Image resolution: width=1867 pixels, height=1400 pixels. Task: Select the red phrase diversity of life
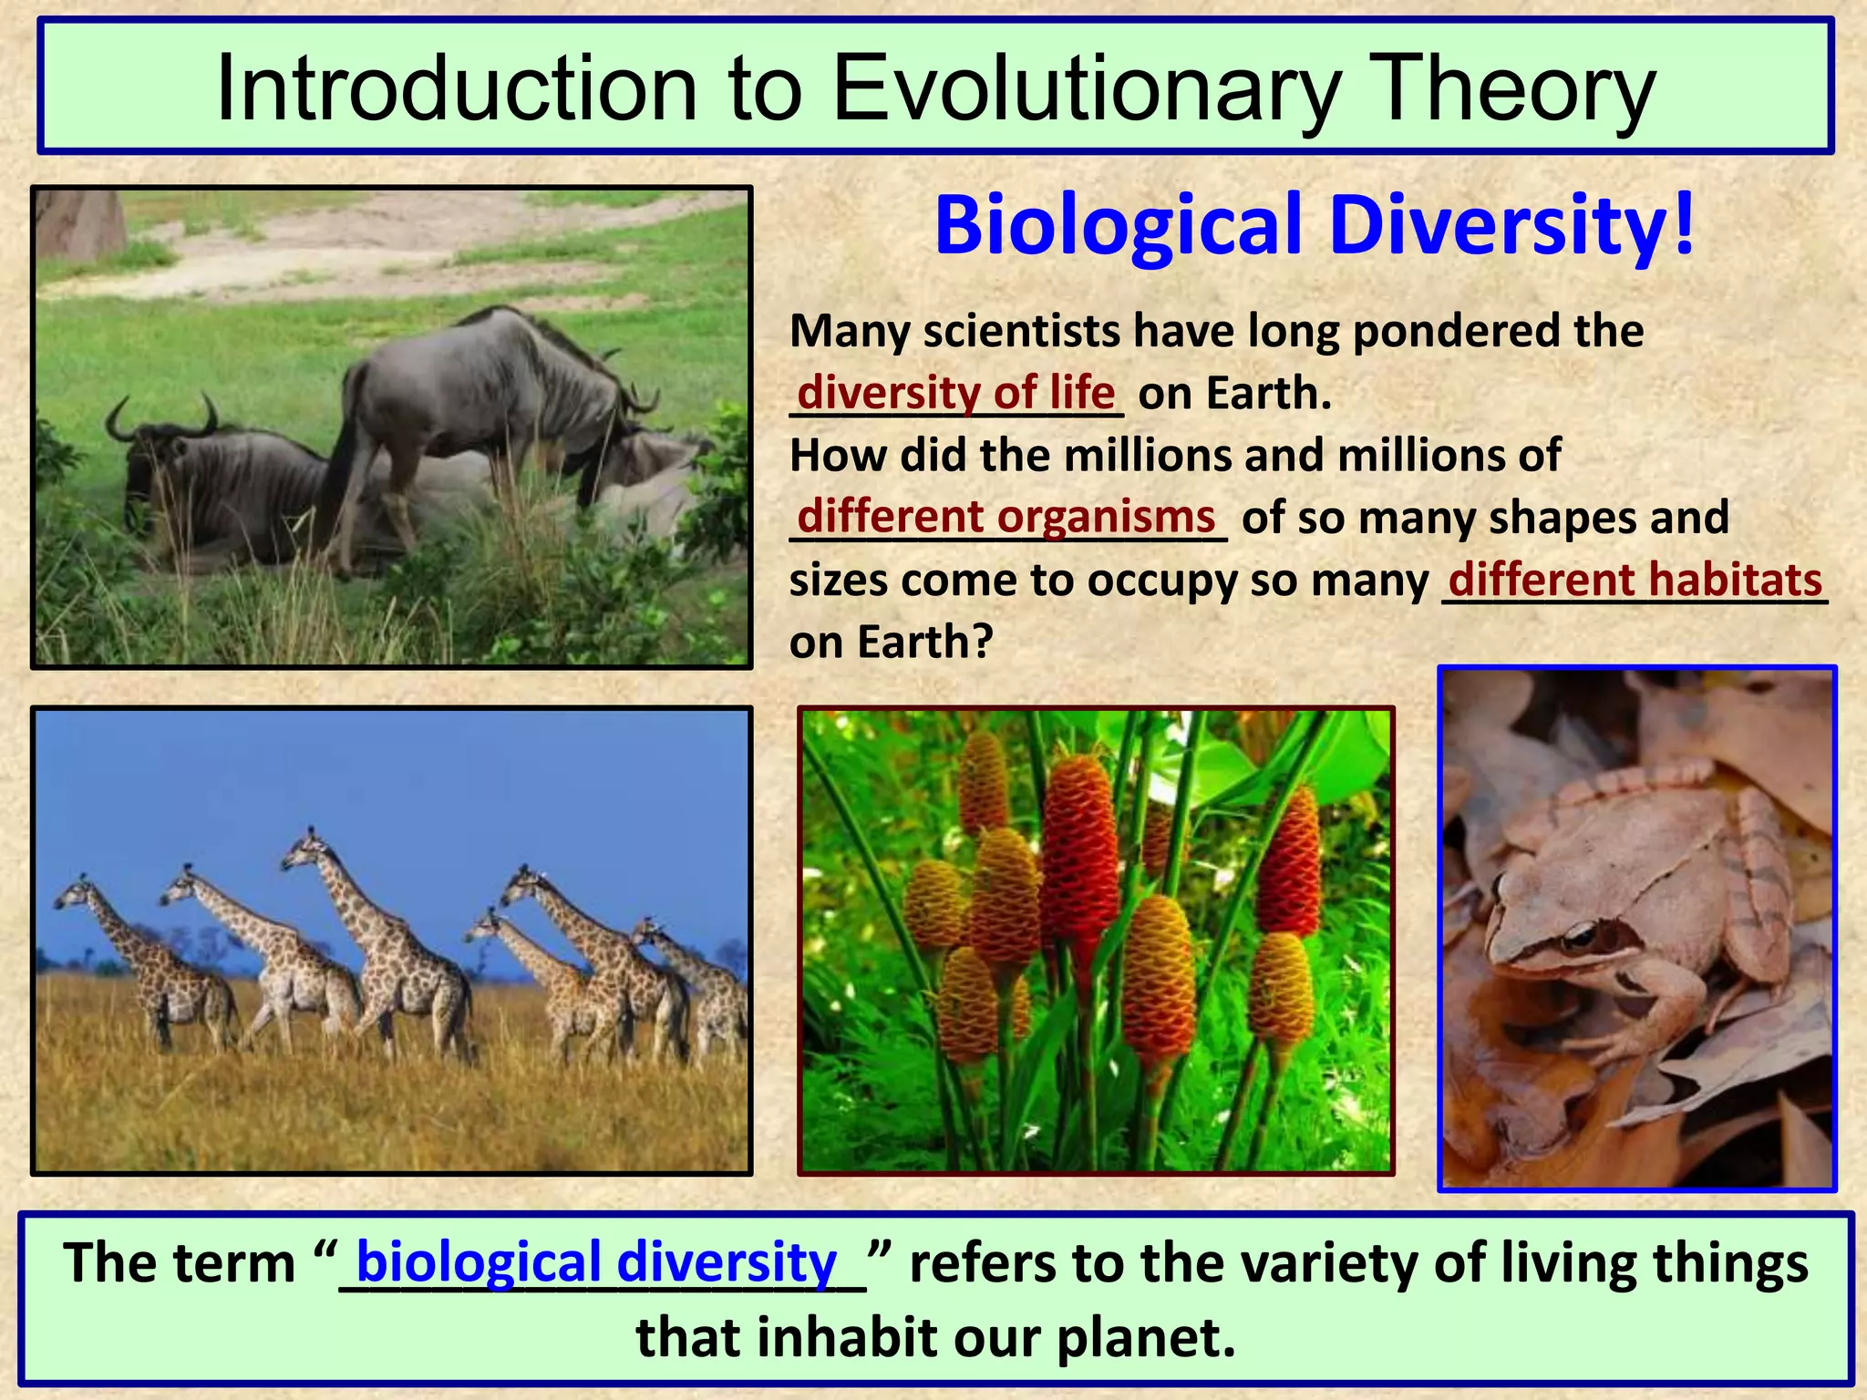(x=955, y=393)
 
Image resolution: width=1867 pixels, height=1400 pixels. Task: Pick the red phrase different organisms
(x=1006, y=517)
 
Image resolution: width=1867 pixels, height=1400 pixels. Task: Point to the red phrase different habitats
(x=1635, y=580)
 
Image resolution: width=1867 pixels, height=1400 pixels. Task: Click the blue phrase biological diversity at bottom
(x=596, y=1262)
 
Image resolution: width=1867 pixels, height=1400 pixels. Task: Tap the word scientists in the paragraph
(x=1021, y=331)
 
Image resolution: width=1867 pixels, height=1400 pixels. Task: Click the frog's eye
(x=1580, y=935)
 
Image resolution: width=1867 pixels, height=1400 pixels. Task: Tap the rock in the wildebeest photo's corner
(x=77, y=223)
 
